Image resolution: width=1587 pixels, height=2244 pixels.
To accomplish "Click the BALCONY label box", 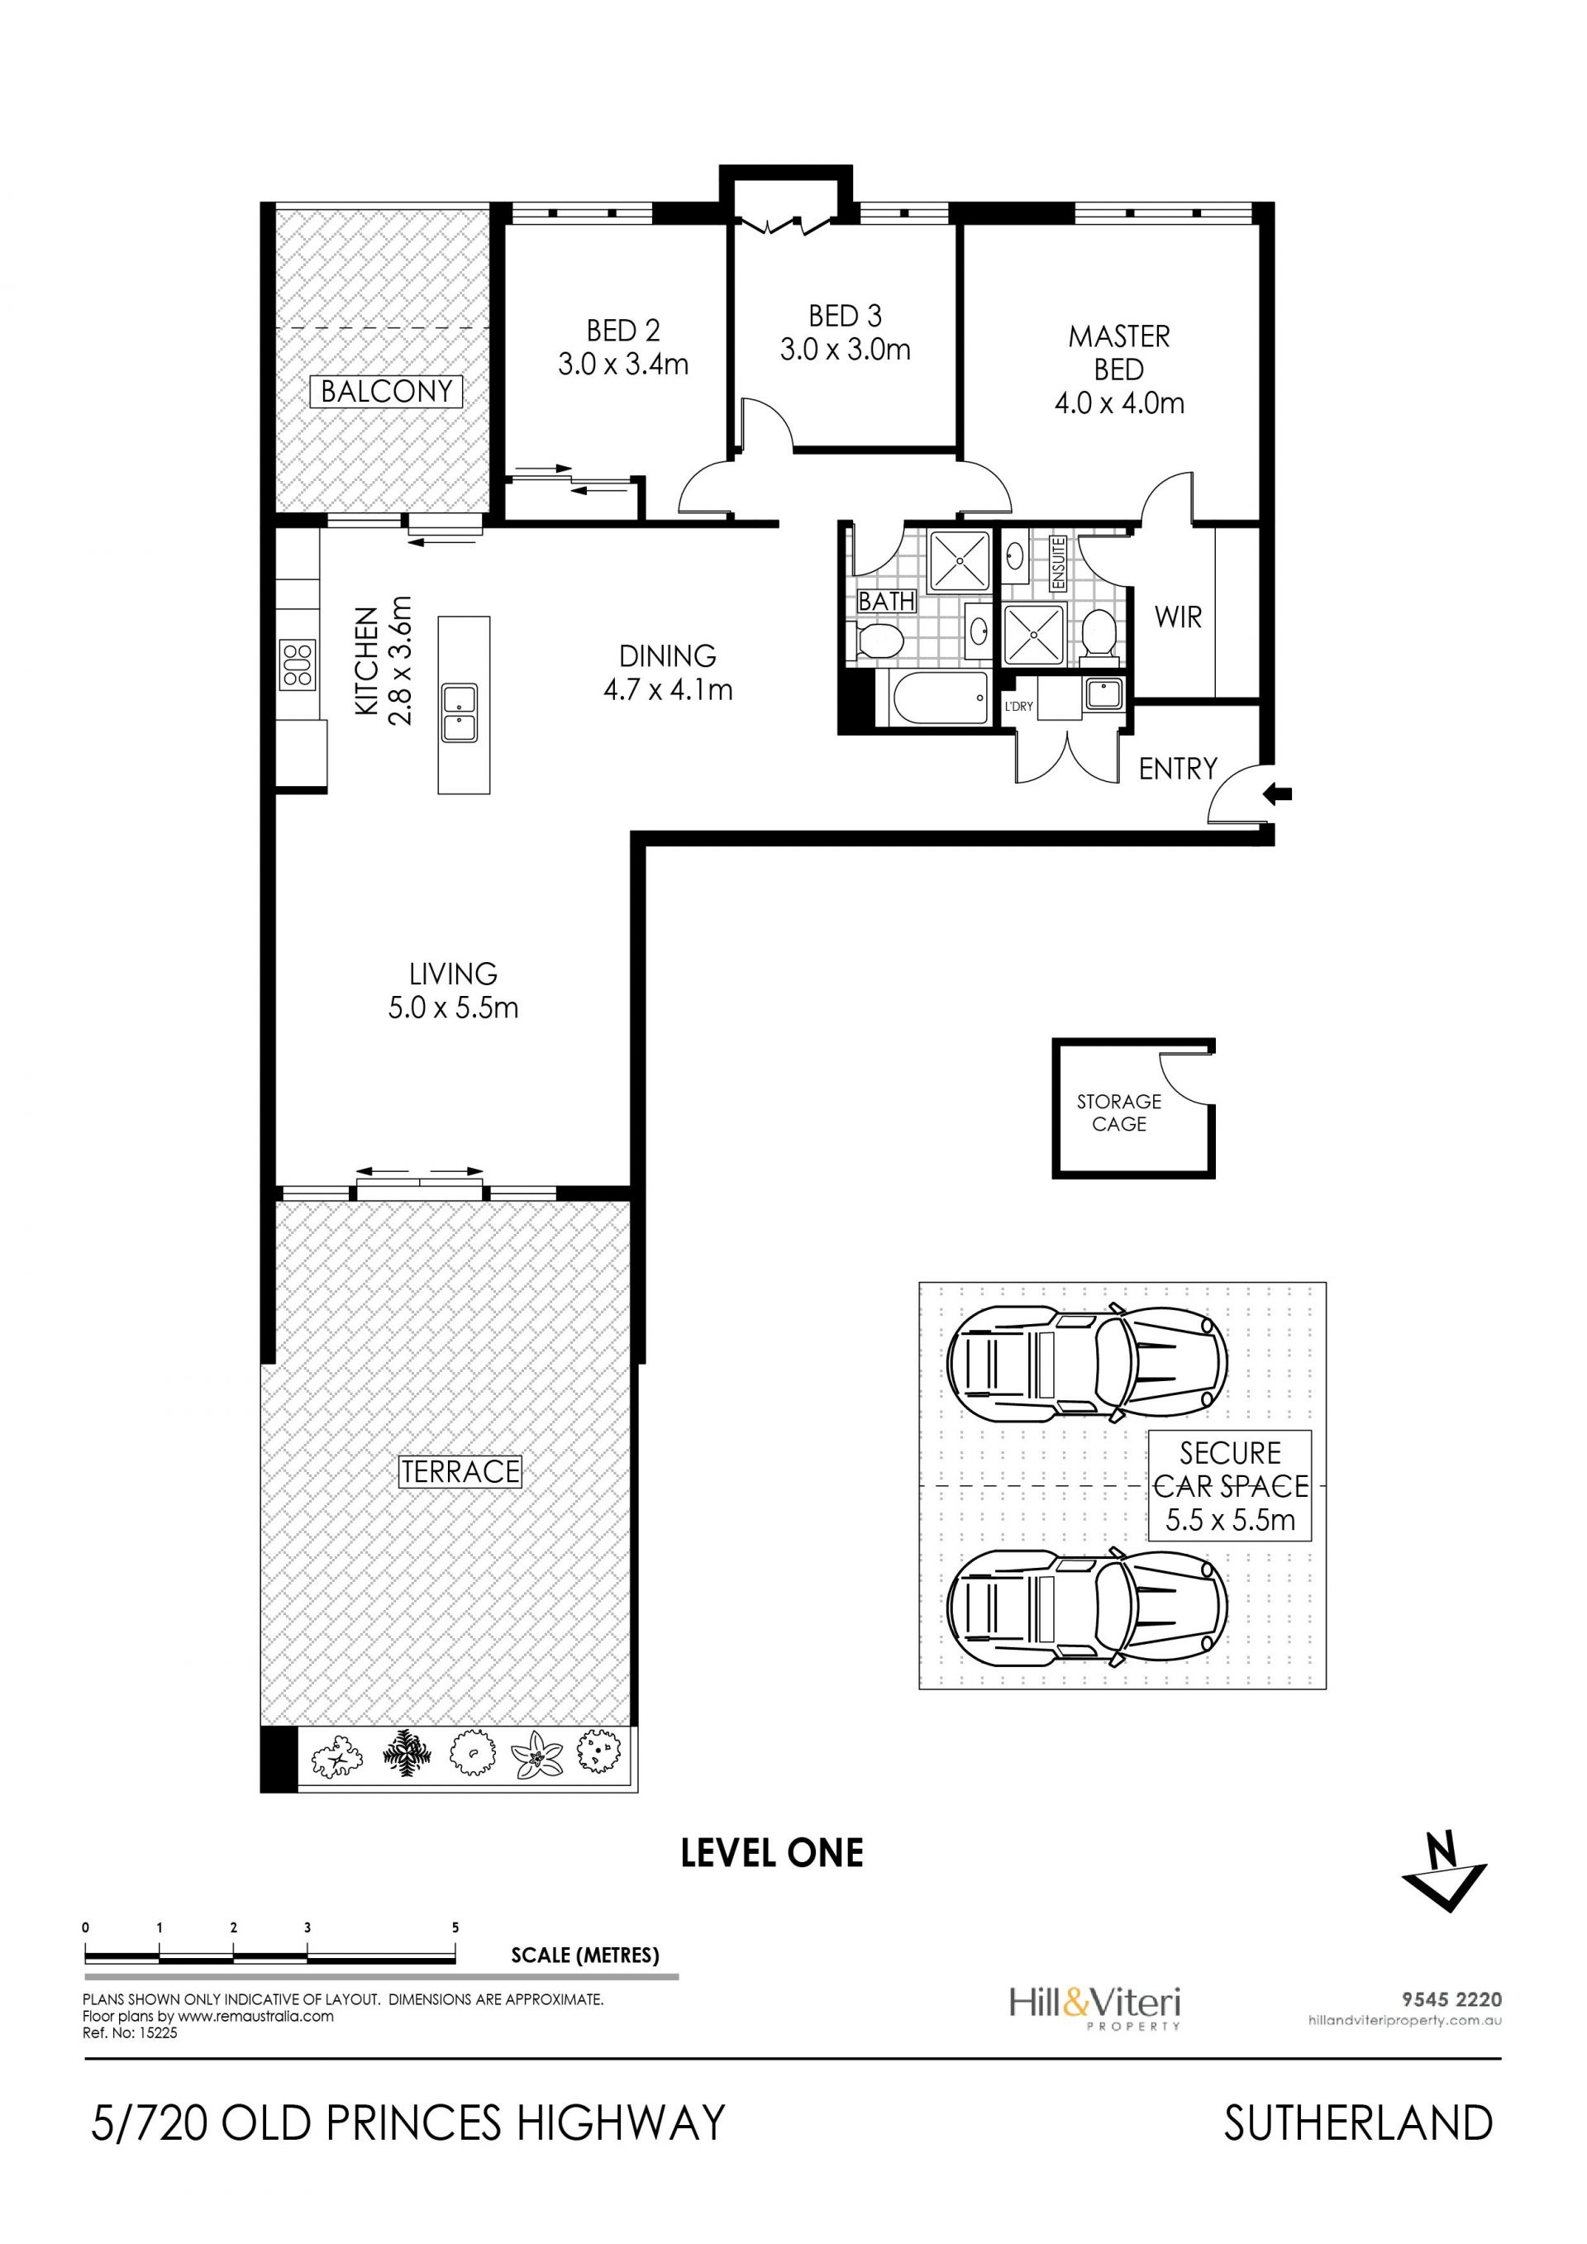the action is [x=386, y=391].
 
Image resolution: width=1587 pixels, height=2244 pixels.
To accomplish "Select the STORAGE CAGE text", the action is [x=1119, y=1112].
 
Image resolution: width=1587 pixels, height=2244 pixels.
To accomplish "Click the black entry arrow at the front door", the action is [x=1277, y=793].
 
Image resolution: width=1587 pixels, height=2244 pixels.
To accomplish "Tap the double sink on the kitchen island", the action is [x=460, y=713].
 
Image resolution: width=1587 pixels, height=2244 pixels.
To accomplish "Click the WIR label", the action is [x=1178, y=617].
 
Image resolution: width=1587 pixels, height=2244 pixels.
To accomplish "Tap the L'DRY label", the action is [x=1018, y=706].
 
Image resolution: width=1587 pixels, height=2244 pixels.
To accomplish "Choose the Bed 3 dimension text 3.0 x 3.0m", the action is [x=846, y=349].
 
